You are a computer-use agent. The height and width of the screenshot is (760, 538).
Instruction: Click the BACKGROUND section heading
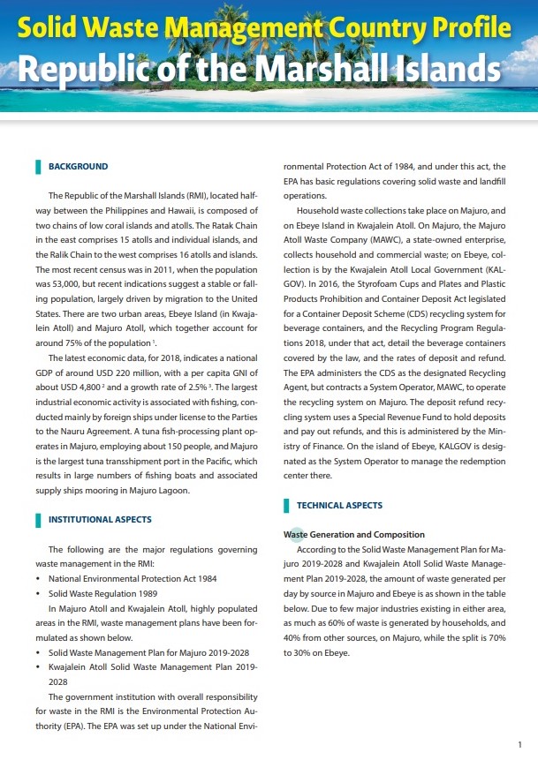click(78, 166)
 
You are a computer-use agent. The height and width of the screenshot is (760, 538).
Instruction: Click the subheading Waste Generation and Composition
click(341, 534)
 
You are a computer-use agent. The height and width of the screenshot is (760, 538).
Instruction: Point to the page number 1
click(519, 744)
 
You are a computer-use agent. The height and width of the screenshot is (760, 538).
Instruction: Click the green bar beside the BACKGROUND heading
click(37, 166)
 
